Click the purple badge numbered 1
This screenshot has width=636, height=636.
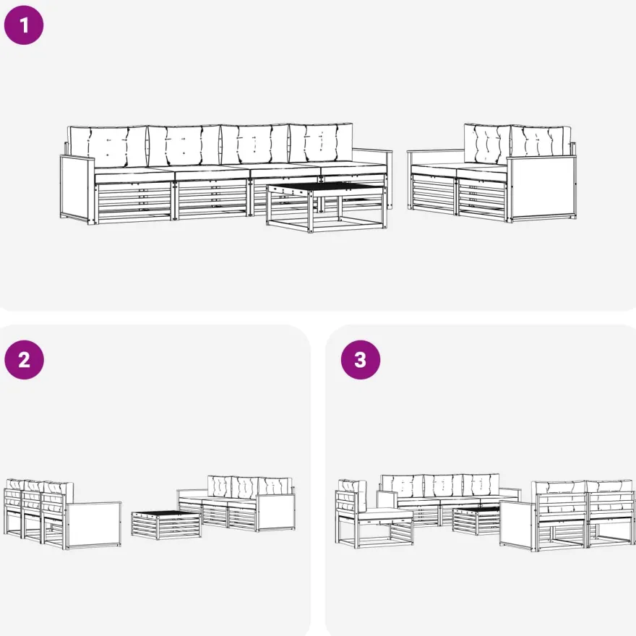tap(24, 25)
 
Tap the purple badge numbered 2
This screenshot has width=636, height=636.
tap(24, 360)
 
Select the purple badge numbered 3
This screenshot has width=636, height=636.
tap(360, 360)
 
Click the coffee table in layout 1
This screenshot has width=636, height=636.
tap(327, 207)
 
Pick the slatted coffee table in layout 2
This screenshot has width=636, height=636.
tap(166, 525)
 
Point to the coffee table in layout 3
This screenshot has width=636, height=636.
tap(476, 521)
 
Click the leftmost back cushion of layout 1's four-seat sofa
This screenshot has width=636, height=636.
tap(108, 147)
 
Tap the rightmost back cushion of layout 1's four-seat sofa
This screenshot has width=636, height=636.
tap(320, 142)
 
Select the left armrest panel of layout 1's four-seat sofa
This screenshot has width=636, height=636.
tap(77, 189)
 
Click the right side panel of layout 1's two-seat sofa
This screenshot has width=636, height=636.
tap(541, 188)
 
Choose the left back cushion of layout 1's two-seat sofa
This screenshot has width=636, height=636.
tap(487, 144)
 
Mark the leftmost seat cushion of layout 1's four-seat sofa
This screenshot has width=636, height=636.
tap(134, 175)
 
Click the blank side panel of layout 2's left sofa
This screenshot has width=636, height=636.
tap(94, 525)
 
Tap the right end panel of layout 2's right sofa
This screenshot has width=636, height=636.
tap(275, 512)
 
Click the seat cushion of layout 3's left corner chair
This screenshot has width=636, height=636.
tap(386, 515)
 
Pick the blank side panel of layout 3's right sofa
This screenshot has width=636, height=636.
tap(517, 525)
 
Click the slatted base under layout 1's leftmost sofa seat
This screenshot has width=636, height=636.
tap(134, 202)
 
